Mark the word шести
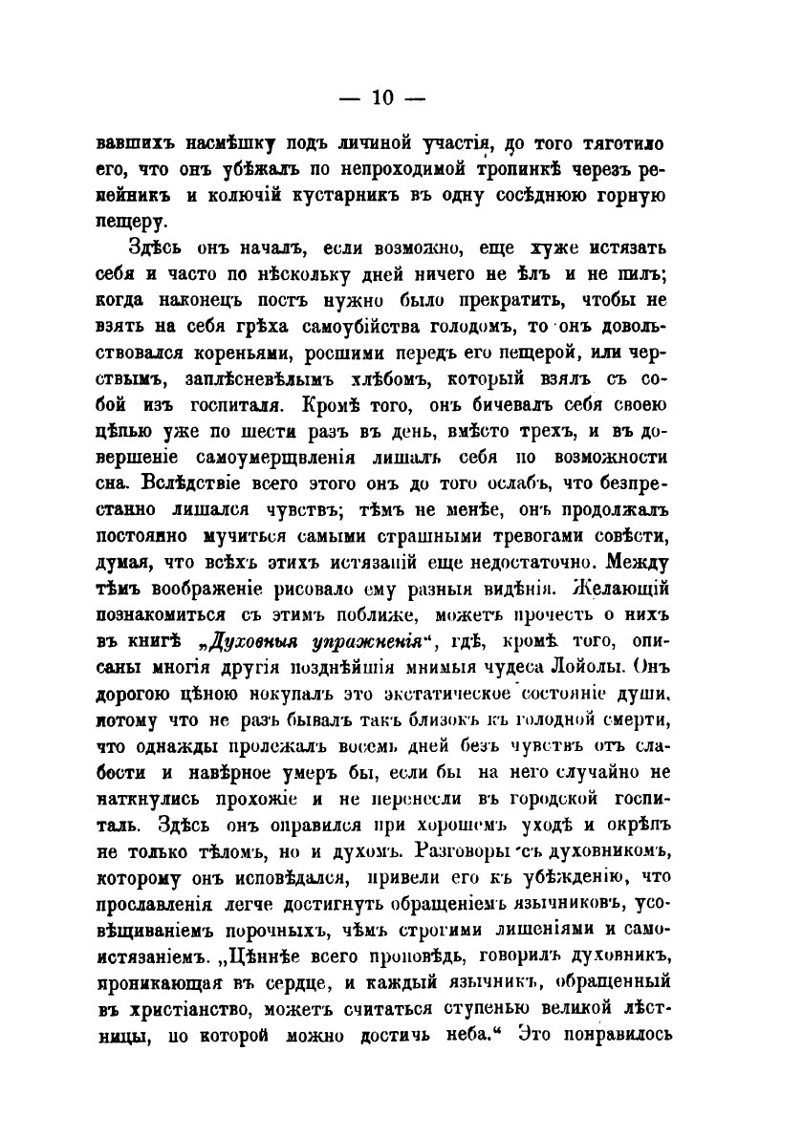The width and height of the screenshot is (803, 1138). (306, 431)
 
